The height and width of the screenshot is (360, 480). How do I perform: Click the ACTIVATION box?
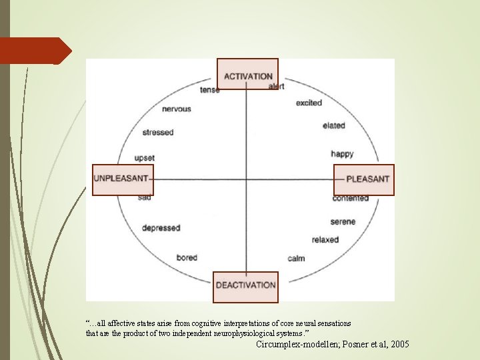click(247, 74)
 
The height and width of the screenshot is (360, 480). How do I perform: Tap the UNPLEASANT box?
click(123, 179)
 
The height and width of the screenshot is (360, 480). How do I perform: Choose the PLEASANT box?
click(364, 179)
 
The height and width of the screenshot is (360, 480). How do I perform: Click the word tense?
click(209, 90)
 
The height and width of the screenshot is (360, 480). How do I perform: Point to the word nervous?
click(176, 109)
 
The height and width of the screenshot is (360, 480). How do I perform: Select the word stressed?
click(157, 132)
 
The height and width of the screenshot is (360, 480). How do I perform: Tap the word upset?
click(145, 158)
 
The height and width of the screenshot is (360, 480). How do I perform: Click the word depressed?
click(161, 228)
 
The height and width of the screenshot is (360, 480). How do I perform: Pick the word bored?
click(187, 257)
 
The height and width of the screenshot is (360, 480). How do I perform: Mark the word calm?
click(296, 258)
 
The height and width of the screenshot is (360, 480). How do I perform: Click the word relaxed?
click(325, 240)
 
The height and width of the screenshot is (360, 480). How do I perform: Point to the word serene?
click(343, 221)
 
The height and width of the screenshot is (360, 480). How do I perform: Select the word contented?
click(351, 199)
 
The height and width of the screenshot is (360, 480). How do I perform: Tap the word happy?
click(342, 154)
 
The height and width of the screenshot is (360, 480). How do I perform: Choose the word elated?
click(333, 125)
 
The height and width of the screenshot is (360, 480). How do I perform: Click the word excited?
click(309, 103)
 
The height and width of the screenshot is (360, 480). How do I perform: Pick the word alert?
click(276, 87)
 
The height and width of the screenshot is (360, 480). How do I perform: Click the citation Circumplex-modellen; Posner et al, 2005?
click(333, 344)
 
